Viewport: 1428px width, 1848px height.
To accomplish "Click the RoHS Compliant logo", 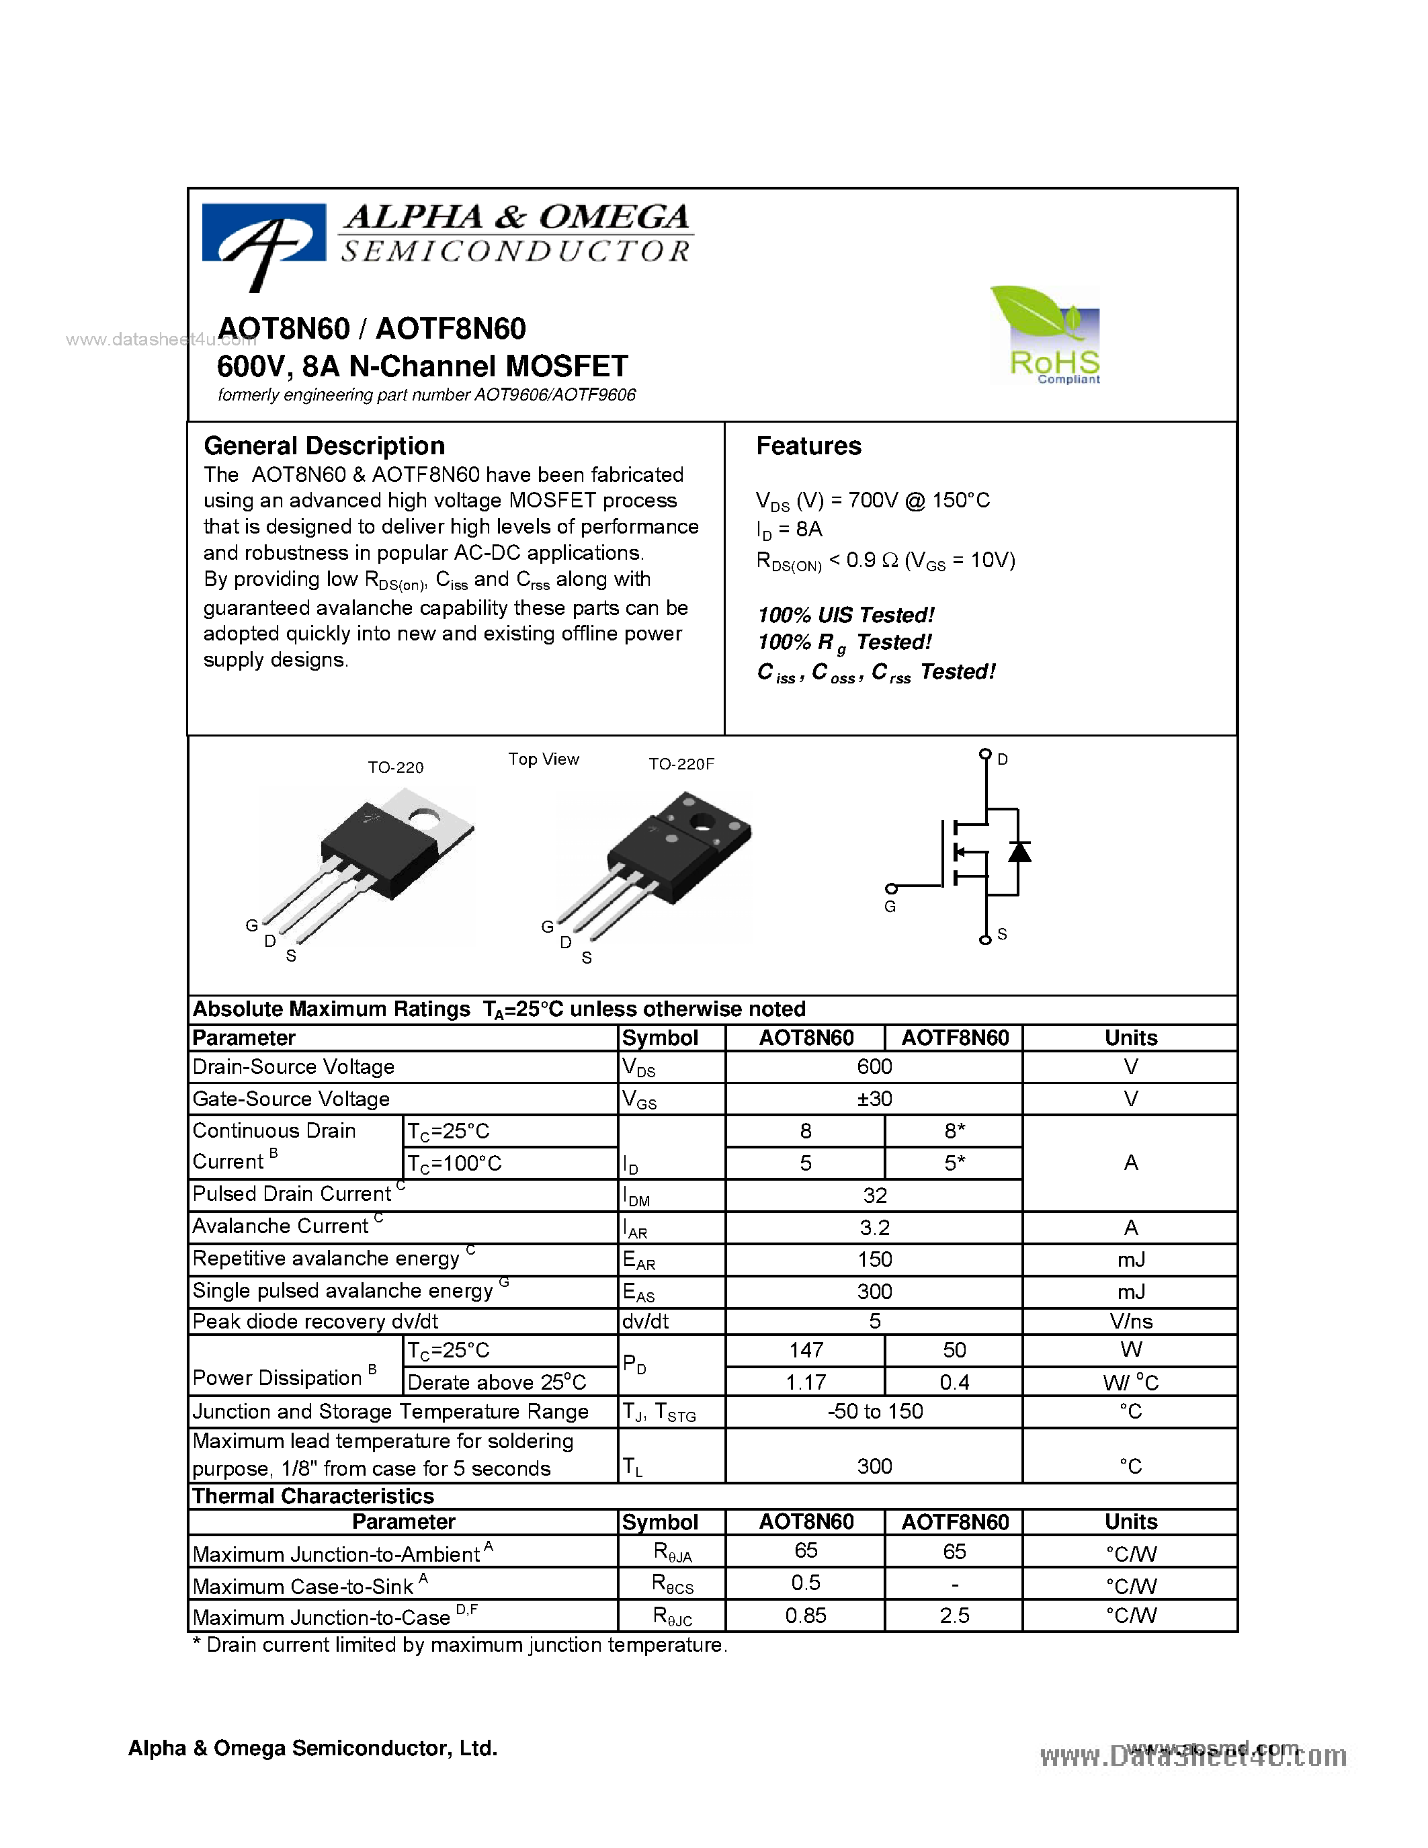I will tap(1046, 336).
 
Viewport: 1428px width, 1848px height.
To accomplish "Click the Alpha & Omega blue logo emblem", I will tap(264, 239).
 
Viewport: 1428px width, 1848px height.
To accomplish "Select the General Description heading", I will tap(324, 446).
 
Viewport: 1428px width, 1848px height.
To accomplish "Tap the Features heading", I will tap(808, 446).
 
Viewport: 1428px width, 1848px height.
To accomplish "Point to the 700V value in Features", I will tap(872, 500).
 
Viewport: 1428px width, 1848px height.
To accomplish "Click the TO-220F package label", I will tap(681, 764).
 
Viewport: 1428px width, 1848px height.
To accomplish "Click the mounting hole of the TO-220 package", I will tap(422, 817).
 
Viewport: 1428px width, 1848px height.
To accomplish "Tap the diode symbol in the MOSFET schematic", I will tap(1019, 851).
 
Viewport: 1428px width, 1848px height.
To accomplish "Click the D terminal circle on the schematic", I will tap(984, 754).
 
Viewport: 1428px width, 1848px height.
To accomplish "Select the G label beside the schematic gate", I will tap(890, 907).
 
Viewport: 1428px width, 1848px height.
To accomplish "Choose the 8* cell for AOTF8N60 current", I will tap(954, 1131).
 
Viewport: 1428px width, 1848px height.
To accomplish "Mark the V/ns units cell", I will tap(1130, 1322).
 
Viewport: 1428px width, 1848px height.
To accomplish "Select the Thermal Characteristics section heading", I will tap(313, 1496).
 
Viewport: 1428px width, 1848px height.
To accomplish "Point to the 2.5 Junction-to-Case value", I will tap(954, 1616).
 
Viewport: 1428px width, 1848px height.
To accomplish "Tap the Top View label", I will tap(543, 759).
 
